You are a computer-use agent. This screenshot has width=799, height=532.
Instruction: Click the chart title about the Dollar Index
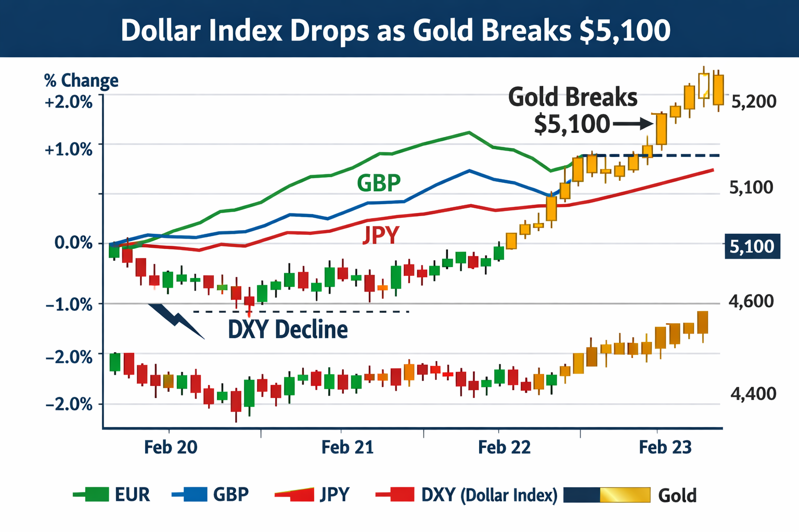tap(395, 30)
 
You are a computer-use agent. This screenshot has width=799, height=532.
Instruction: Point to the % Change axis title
tap(81, 81)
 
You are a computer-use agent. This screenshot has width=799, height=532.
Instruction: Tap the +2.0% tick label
tap(69, 102)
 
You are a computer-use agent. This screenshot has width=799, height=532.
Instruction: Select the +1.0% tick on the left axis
tap(69, 150)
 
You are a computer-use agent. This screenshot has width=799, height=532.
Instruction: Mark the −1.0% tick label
tap(69, 304)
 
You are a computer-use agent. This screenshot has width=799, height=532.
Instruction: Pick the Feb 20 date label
tap(171, 447)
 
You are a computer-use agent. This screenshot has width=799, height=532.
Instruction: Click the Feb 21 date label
tap(347, 447)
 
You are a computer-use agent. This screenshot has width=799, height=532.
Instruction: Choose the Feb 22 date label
tap(504, 447)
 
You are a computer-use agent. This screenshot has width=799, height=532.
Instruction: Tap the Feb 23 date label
tap(665, 447)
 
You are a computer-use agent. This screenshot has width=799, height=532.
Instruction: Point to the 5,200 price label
tap(753, 101)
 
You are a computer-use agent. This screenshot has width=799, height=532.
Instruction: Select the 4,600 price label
tap(751, 301)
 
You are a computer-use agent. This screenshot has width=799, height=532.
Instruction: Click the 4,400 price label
tap(753, 394)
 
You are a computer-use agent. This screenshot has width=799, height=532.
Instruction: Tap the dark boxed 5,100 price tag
tap(752, 246)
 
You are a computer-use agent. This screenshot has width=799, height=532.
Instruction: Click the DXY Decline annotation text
tap(288, 329)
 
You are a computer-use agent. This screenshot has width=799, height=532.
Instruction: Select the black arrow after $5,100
tap(633, 124)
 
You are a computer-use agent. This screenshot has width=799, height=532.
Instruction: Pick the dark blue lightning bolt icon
tap(177, 321)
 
